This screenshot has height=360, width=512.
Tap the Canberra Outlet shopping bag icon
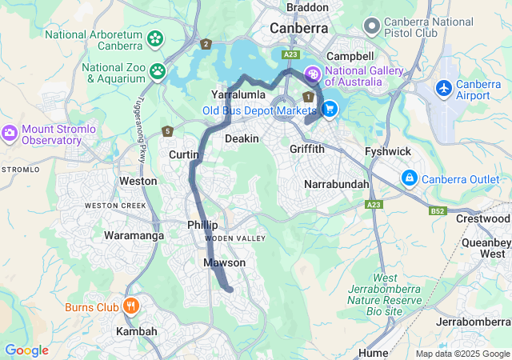click(x=409, y=177)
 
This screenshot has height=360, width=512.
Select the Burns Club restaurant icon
click(x=130, y=306)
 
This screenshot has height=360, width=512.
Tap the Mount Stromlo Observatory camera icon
click(x=10, y=132)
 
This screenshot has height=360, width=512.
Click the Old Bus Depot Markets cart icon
click(x=329, y=109)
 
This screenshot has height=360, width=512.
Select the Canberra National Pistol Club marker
click(x=370, y=26)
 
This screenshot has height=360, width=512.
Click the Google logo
click(x=26, y=350)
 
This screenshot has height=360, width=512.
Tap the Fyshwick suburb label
click(x=387, y=151)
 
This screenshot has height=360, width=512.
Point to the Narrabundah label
click(x=337, y=185)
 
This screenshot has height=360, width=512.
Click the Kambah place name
click(x=131, y=331)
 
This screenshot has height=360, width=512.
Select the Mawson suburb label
click(x=225, y=263)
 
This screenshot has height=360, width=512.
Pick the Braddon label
click(x=307, y=7)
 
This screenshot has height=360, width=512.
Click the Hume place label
click(x=374, y=352)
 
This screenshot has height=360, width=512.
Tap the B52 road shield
click(x=437, y=210)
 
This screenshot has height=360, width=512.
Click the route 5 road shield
click(x=167, y=131)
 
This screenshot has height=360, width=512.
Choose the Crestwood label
click(x=482, y=218)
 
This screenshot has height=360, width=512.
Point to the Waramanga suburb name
click(x=134, y=236)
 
